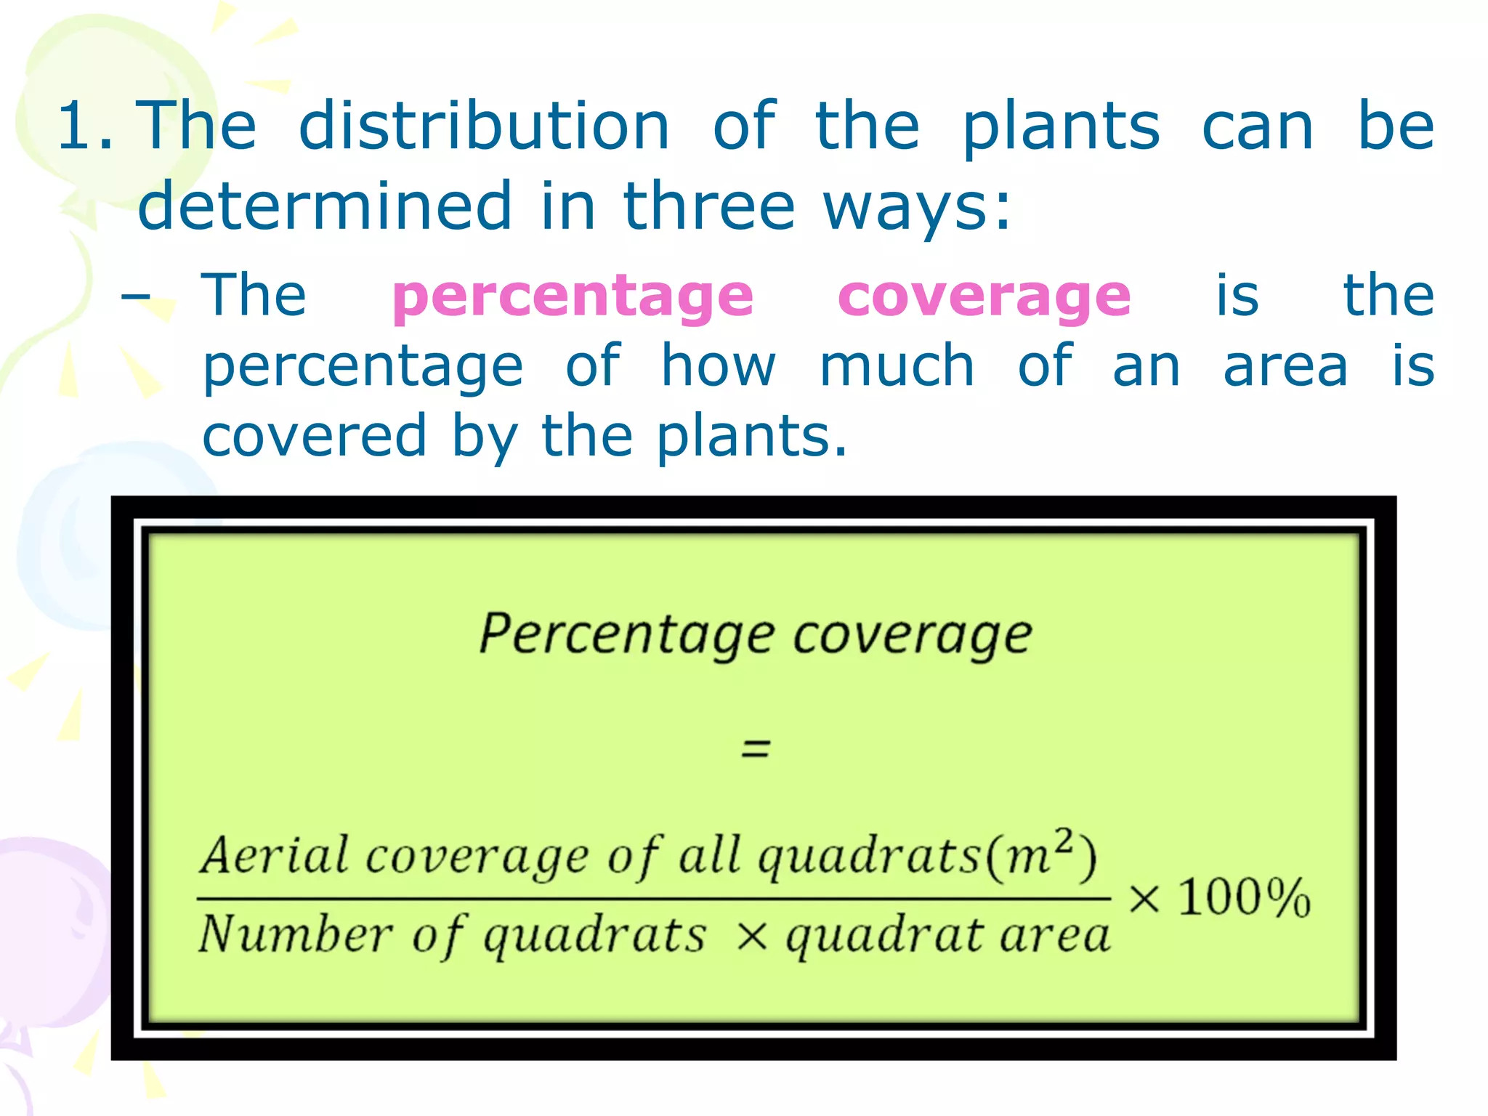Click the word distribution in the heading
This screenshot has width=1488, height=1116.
click(x=484, y=126)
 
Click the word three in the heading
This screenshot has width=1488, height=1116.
click(x=709, y=206)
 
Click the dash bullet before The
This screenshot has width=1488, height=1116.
click(x=136, y=296)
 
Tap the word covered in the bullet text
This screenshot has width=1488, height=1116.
click(x=314, y=435)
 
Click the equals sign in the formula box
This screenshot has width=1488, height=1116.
click(x=755, y=748)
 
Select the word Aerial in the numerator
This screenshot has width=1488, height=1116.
click(x=275, y=855)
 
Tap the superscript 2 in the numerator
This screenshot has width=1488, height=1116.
click(x=1064, y=841)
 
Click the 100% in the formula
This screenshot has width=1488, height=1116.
click(x=1244, y=897)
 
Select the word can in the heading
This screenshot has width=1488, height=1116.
click(x=1258, y=126)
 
